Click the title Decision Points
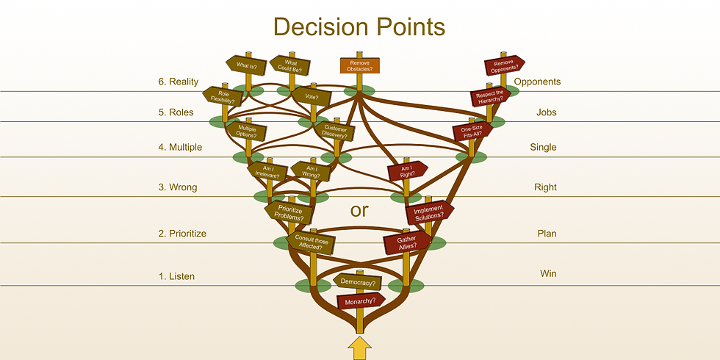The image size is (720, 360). (359, 26)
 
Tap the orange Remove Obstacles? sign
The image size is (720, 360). (360, 65)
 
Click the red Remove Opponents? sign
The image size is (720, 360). (504, 66)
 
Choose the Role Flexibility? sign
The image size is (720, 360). (221, 96)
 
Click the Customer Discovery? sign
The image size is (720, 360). (335, 132)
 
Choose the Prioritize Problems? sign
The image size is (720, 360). (289, 212)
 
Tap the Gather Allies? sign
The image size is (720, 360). (406, 243)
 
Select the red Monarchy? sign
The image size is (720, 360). (361, 300)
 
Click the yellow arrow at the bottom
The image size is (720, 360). (359, 348)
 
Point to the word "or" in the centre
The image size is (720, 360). (359, 211)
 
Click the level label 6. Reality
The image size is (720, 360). (178, 82)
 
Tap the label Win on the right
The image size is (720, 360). (548, 273)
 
